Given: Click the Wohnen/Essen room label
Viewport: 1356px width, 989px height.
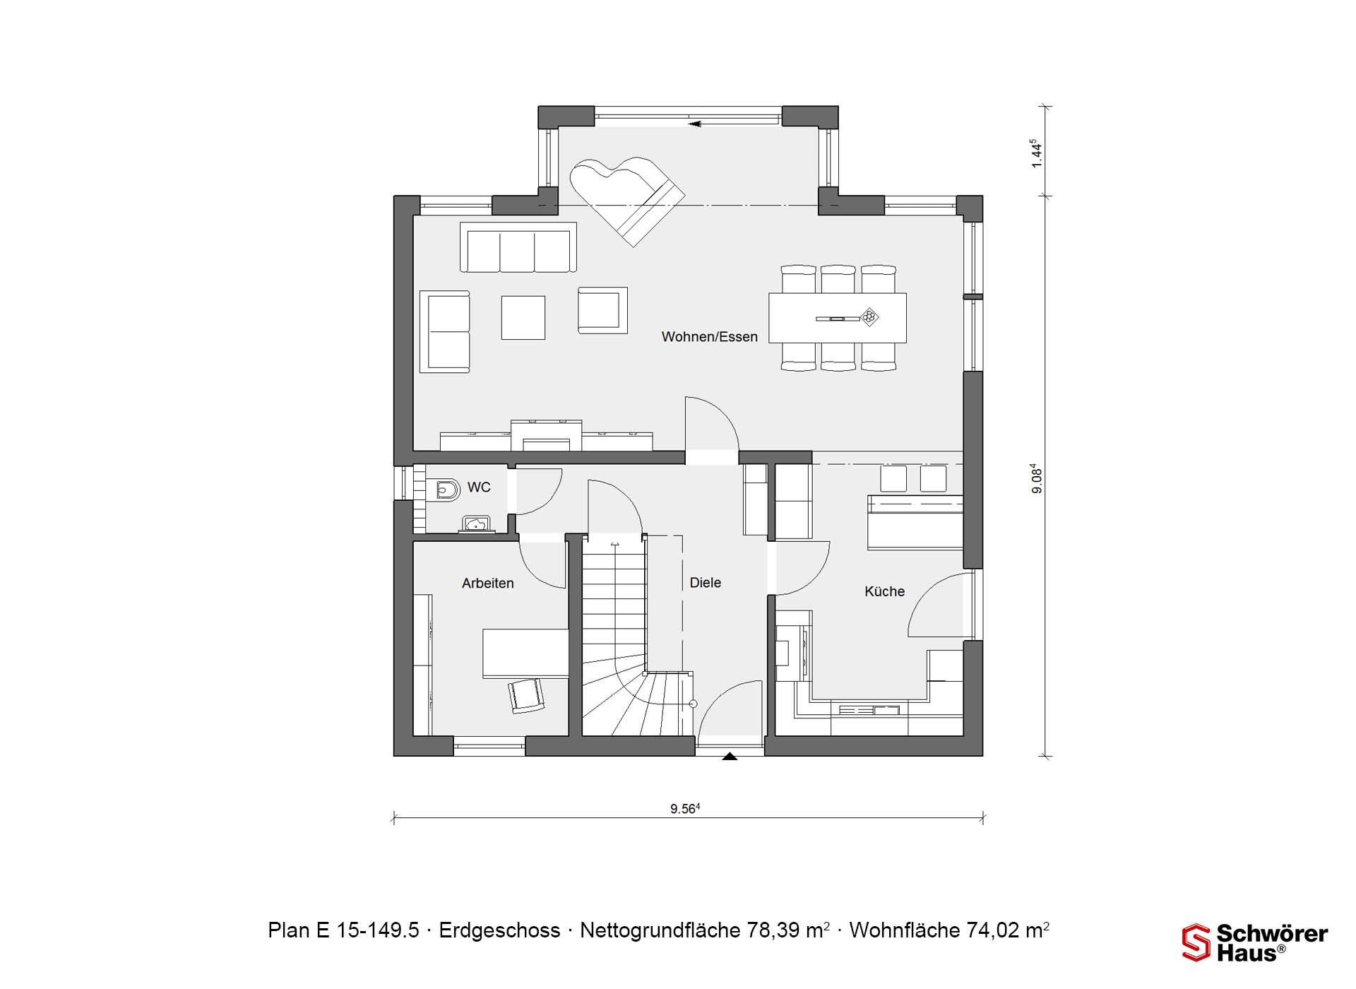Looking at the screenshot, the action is click(x=709, y=337).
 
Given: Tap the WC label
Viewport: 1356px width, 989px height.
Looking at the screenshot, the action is click(x=479, y=487).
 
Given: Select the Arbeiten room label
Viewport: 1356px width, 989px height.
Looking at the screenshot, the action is click(x=487, y=584).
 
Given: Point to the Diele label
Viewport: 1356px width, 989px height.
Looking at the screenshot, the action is click(x=705, y=583).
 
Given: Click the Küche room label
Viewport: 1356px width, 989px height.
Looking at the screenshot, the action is click(x=884, y=591).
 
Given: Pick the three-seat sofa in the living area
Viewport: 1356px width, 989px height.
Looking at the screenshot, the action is click(x=518, y=247).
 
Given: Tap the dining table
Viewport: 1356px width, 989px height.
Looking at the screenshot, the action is click(x=837, y=318).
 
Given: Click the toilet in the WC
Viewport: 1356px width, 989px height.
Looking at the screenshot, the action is click(x=443, y=489).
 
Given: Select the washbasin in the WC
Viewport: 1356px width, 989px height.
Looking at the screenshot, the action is click(x=476, y=523).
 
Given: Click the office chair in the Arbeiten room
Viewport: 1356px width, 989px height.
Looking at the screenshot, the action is click(x=526, y=695).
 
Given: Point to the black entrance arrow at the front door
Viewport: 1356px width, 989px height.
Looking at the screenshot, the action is click(x=730, y=756).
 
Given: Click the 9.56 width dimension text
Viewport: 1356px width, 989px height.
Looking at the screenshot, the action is click(x=684, y=809).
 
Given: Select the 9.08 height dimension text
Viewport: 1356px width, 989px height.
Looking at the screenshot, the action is click(x=1036, y=478).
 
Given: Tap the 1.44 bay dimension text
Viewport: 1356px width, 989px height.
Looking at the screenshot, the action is click(x=1036, y=153).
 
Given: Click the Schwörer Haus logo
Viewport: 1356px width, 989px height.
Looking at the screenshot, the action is click(x=1255, y=943).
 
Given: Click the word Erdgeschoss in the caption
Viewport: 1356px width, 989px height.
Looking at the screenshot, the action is click(x=499, y=930).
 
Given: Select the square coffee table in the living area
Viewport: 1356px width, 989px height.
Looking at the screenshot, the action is click(x=523, y=317).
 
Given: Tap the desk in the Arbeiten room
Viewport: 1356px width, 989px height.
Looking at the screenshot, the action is click(x=525, y=653).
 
